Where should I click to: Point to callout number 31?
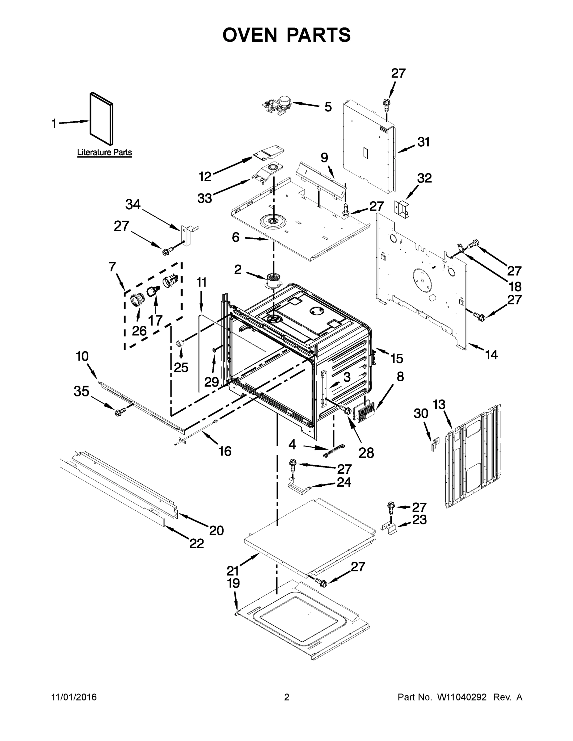[423, 142]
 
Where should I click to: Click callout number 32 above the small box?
[424, 178]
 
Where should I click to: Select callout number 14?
[491, 355]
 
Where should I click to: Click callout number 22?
[196, 543]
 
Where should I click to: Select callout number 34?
[133, 205]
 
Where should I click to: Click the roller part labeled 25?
[180, 343]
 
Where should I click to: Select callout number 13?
[439, 404]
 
